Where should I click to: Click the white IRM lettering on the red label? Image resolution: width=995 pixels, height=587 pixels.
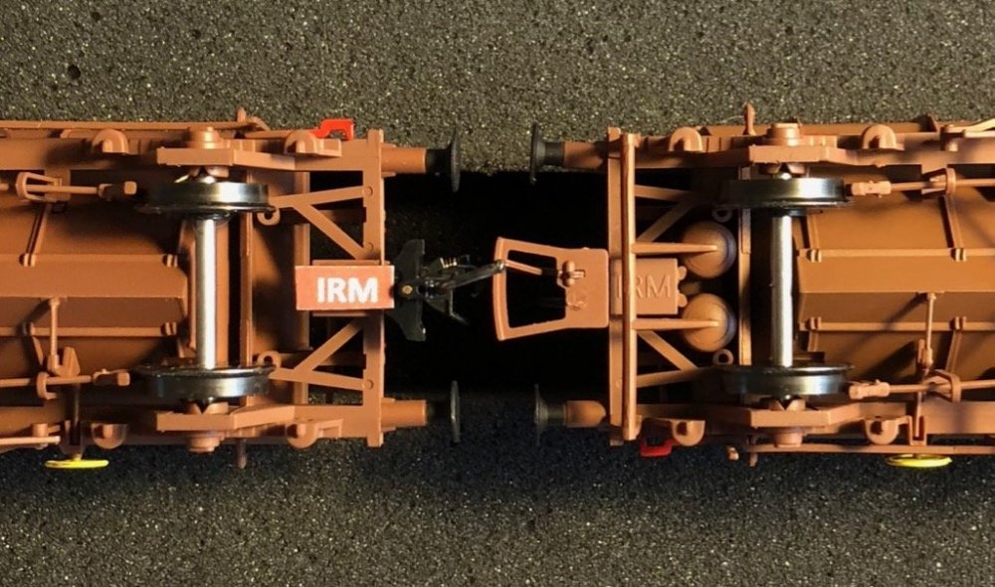click(347, 290)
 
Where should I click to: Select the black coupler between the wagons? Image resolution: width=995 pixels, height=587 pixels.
click(438, 287)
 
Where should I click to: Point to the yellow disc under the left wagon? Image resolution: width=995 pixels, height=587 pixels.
click(77, 464)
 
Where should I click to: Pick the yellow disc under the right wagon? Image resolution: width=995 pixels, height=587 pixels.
click(918, 462)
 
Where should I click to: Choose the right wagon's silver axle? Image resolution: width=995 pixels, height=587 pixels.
click(781, 289)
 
